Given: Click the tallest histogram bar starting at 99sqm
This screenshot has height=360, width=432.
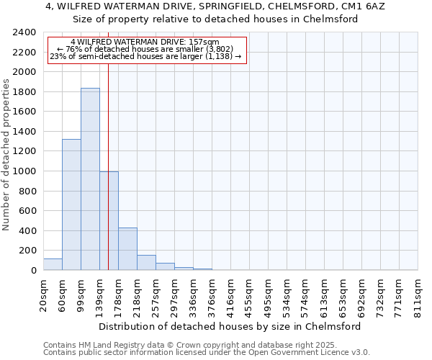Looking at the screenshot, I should coord(90,179).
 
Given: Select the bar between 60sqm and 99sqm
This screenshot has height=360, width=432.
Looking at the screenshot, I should coord(71,204).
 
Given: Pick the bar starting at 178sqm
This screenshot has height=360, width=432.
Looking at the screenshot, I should coord(127,249).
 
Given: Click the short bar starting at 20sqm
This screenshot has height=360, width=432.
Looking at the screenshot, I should coord(53,264).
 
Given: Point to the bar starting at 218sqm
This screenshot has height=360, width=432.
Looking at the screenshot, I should coord(146,263).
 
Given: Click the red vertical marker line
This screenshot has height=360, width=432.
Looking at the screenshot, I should coord(108,144).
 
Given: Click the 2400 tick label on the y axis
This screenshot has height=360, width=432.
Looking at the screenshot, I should coord(24,33).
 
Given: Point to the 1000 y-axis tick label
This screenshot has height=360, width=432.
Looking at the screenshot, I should coord(24,171).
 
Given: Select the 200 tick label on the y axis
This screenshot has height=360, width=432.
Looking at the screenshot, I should coord(27,251).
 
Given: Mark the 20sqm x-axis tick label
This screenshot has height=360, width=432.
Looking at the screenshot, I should coord(43,295).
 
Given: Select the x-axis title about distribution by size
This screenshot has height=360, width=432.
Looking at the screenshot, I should coord(230,326).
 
